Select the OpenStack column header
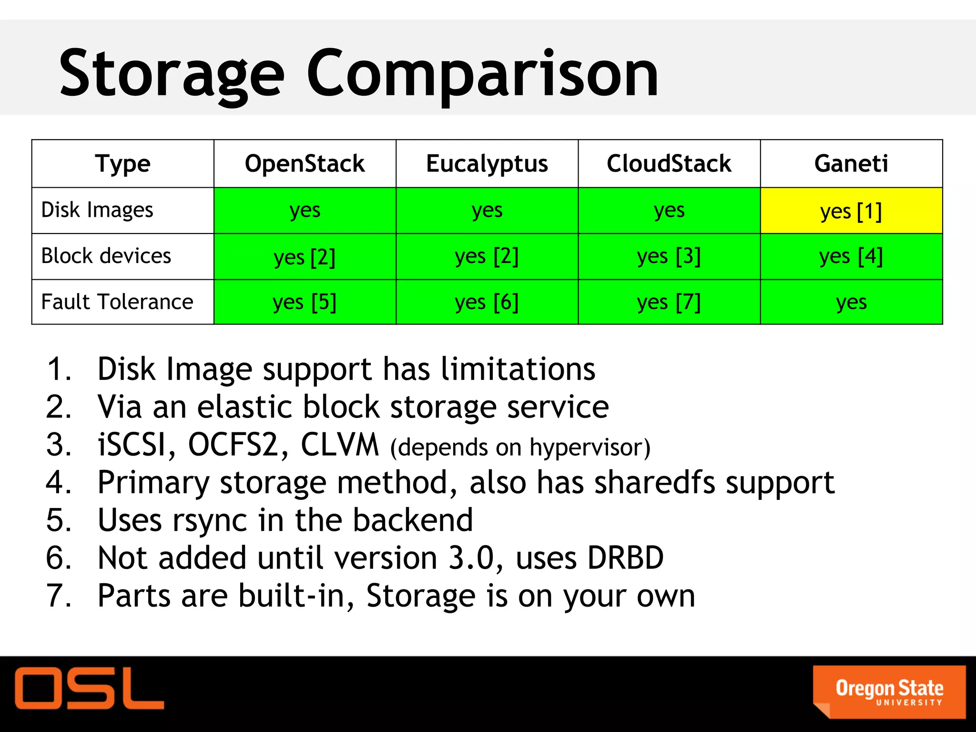tap(305, 163)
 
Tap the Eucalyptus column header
tap(487, 163)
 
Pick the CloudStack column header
tap(669, 163)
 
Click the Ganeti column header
tap(851, 163)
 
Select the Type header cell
tap(122, 163)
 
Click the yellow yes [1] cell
tap(851, 211)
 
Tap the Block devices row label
tap(106, 256)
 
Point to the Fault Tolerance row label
tap(117, 302)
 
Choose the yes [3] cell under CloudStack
tap(669, 256)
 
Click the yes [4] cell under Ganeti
tap(851, 256)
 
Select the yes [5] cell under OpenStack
tap(305, 302)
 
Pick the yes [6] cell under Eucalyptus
tap(487, 302)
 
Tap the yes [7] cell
tap(669, 302)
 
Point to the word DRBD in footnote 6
tap(625, 558)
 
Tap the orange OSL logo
tap(89, 688)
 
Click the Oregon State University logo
tap(889, 691)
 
